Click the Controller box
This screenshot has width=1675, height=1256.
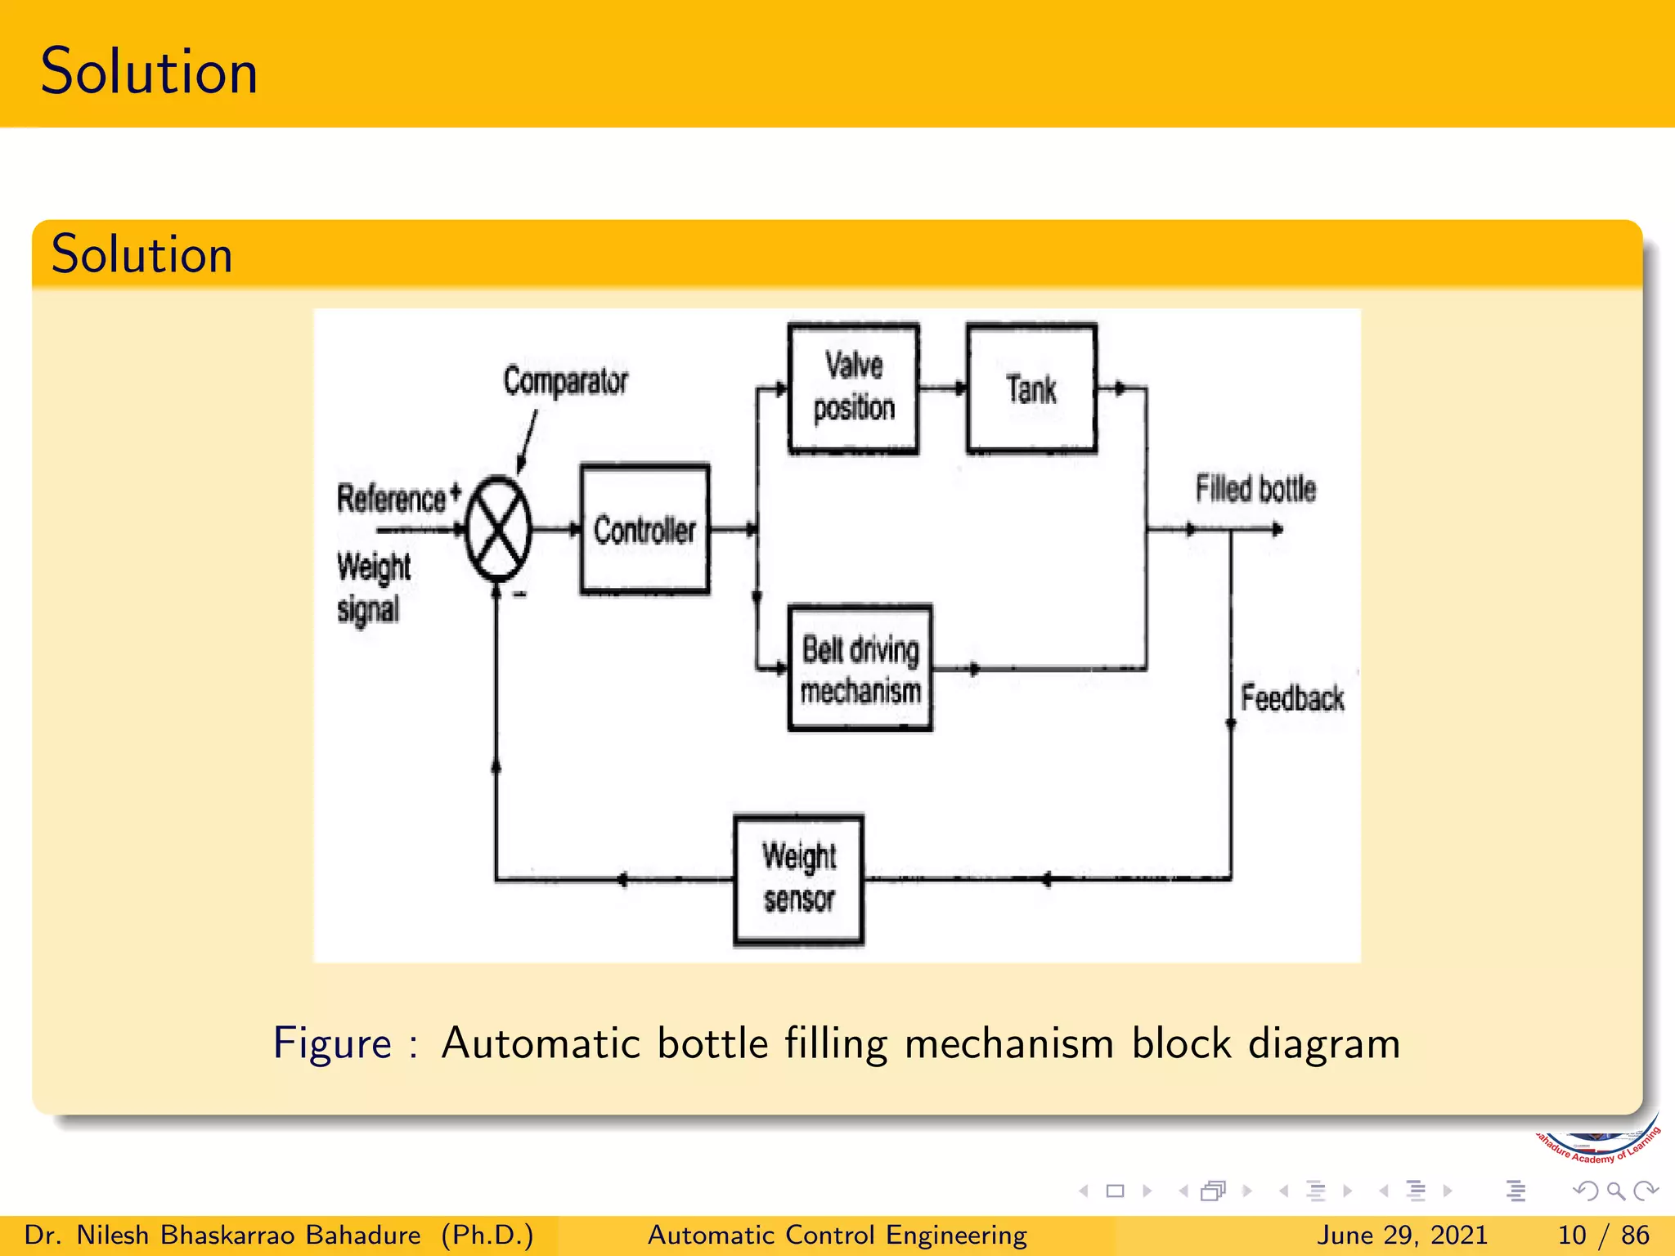coord(644,530)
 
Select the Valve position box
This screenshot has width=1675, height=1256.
coord(853,388)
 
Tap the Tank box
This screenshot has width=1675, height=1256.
coord(1031,388)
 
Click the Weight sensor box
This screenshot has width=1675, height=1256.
coord(798,880)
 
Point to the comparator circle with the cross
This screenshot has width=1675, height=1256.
coord(498,529)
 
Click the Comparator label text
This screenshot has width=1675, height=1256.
coord(565,381)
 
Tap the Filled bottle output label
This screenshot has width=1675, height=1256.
coord(1255,489)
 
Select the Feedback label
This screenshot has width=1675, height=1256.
coord(1291,698)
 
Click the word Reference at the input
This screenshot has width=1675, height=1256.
coord(391,499)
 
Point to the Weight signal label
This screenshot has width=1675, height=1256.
coord(373,587)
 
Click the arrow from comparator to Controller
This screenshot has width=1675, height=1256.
coord(557,530)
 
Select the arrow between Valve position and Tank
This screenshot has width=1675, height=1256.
coord(942,388)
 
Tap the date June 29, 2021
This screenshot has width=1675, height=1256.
coord(1402,1235)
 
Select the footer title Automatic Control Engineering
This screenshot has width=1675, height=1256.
coord(837,1235)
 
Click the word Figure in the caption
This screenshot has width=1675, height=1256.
coord(332,1043)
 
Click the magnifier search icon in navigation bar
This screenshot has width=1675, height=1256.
coord(1615,1191)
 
